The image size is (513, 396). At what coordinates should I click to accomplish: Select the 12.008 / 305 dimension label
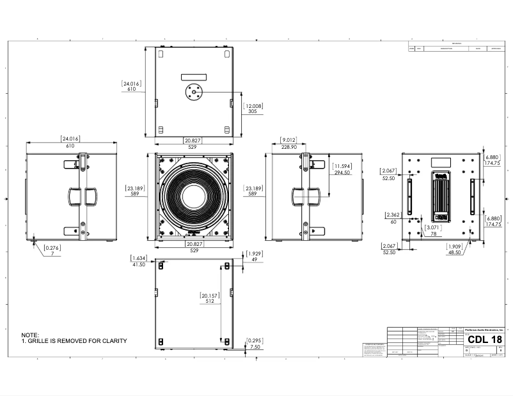pyautogui.click(x=253, y=107)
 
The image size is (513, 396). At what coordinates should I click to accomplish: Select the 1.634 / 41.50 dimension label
pyautogui.click(x=139, y=261)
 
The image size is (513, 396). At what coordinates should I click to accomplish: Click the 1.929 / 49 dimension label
pyautogui.click(x=253, y=257)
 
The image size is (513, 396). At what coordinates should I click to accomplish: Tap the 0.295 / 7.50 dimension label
pyautogui.click(x=254, y=343)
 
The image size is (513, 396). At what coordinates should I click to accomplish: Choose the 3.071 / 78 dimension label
pyautogui.click(x=433, y=231)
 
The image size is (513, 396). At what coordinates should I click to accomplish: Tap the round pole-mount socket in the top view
pyautogui.click(x=193, y=92)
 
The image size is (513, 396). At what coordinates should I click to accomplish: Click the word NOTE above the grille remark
pyautogui.click(x=30, y=335)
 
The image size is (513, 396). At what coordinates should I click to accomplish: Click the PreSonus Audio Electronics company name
pyautogui.click(x=484, y=328)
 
